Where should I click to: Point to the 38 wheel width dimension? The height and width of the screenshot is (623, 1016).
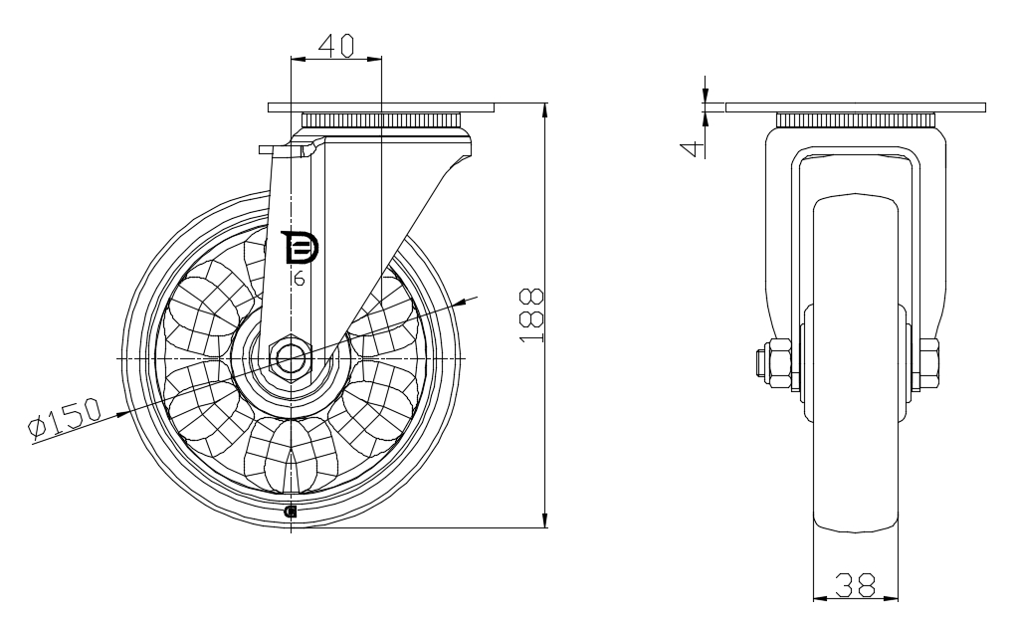click(855, 585)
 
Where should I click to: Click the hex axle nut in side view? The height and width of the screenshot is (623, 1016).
click(288, 357)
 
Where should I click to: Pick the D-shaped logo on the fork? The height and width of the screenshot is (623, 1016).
click(299, 248)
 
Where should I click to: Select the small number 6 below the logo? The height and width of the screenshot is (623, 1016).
click(299, 281)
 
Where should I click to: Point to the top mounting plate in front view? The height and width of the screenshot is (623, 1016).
click(856, 107)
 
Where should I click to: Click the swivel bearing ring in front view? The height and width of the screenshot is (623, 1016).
click(856, 121)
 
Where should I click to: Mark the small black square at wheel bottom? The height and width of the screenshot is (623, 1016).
click(291, 512)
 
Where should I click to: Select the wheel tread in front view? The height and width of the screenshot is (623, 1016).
click(856, 518)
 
